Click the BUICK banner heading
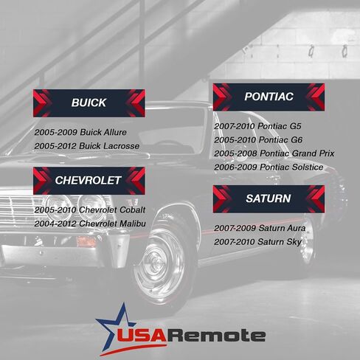tap(89, 103)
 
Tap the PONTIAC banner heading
tap(269, 97)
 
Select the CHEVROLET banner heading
tap(89, 181)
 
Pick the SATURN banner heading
tap(269, 198)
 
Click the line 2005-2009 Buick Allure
tap(80, 132)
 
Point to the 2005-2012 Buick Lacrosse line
tap(87, 146)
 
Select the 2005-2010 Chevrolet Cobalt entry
tap(90, 210)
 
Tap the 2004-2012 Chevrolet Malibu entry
tap(90, 224)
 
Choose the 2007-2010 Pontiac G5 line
tap(257, 126)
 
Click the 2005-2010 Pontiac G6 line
tap(258, 140)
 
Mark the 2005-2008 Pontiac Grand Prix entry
tap(274, 153)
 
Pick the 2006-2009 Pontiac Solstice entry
tap(269, 167)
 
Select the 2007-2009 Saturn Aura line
tap(260, 228)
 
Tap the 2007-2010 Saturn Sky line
tap(257, 242)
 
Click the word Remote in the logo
tap(216, 335)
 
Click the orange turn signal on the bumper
tap(86, 241)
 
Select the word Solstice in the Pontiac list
tap(308, 167)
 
